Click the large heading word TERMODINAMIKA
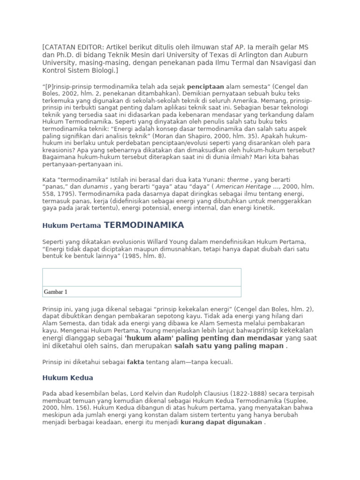pyautogui.click(x=144, y=225)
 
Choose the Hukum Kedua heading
pyautogui.click(x=67, y=377)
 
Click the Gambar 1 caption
pyautogui.click(x=55, y=292)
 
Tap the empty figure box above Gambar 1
pyautogui.click(x=142, y=277)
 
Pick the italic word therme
pyautogui.click(x=238, y=180)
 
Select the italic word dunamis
pyautogui.click(x=96, y=187)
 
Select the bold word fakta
pyautogui.click(x=135, y=362)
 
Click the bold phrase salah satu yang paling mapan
pyautogui.click(x=229, y=346)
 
